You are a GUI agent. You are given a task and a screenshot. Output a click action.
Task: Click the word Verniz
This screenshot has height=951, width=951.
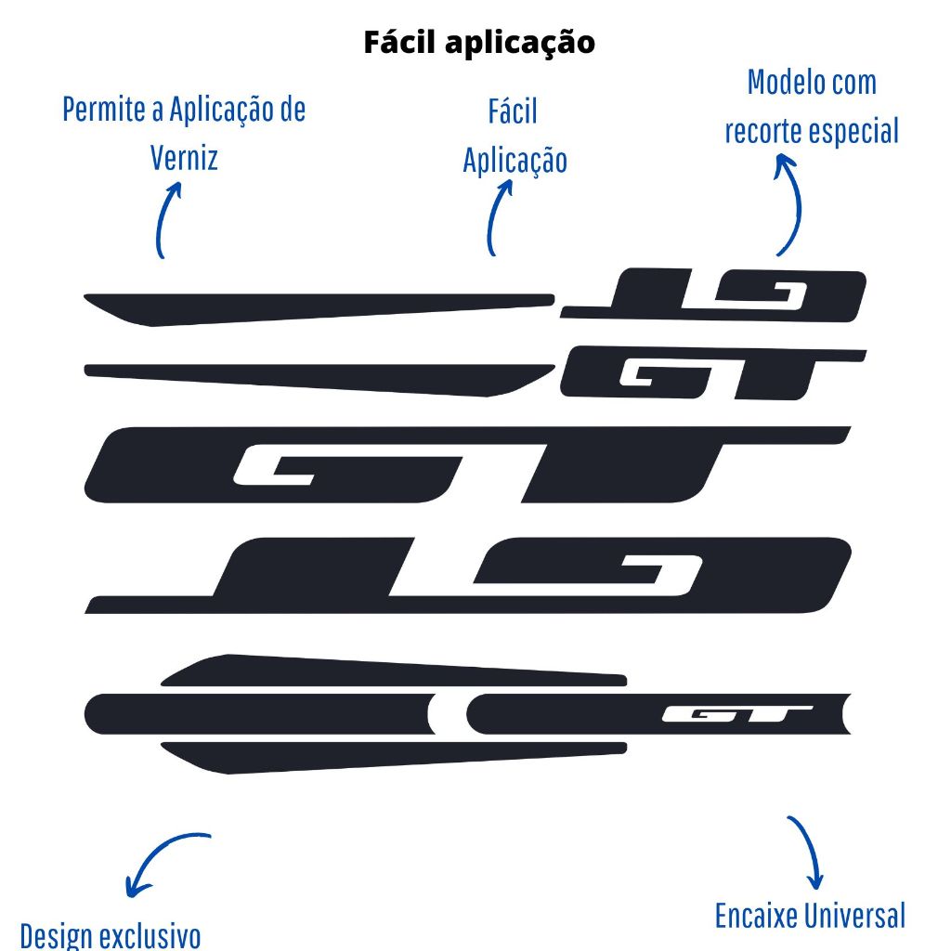(x=184, y=157)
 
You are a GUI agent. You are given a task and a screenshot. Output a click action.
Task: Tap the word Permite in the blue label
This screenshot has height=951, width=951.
(x=98, y=110)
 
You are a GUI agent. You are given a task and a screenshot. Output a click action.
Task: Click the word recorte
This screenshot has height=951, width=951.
(x=764, y=131)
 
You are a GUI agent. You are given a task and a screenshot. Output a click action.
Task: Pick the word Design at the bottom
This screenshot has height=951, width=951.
(x=56, y=934)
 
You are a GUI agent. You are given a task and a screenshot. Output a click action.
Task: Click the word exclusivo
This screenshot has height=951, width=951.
(x=149, y=934)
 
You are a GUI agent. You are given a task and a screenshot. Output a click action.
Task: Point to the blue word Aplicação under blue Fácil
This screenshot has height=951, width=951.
(x=515, y=160)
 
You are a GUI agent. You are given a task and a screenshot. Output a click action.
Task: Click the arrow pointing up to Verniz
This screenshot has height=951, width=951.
(x=166, y=218)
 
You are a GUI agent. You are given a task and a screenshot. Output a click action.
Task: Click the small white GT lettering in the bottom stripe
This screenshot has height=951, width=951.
(x=737, y=714)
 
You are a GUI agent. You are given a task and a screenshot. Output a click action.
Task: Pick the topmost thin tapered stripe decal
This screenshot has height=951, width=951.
(x=316, y=306)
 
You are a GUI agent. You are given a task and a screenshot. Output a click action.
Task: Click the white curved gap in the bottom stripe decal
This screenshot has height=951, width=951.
(x=448, y=714)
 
